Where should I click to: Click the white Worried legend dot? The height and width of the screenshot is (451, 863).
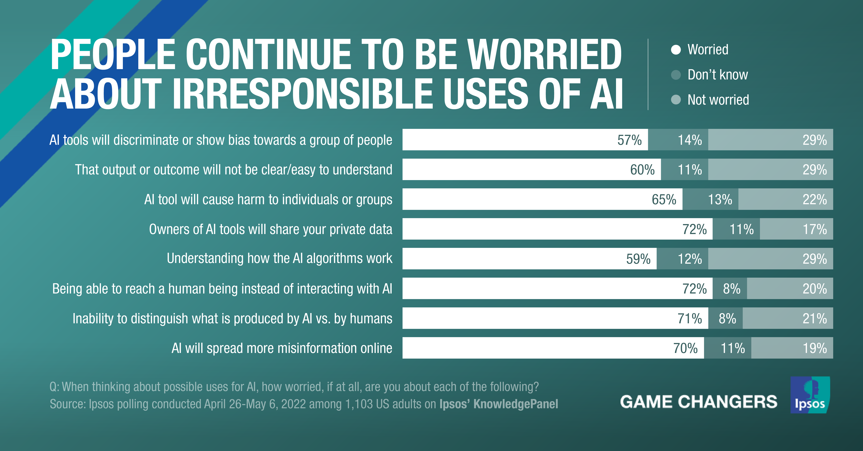pyautogui.click(x=676, y=49)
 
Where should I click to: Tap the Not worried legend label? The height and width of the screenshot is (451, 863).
pyautogui.click(x=718, y=100)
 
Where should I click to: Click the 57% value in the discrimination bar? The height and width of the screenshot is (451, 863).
pyautogui.click(x=629, y=140)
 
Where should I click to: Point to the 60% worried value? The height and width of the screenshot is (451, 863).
pyautogui.click(x=642, y=170)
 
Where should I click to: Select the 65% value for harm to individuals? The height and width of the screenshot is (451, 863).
pyautogui.click(x=664, y=199)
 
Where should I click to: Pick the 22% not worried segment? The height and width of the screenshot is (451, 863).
pyautogui.click(x=786, y=199)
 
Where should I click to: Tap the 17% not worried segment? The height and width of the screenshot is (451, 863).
pyautogui.click(x=796, y=229)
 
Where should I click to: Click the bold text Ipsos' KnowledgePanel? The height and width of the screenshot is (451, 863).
pyautogui.click(x=498, y=404)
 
